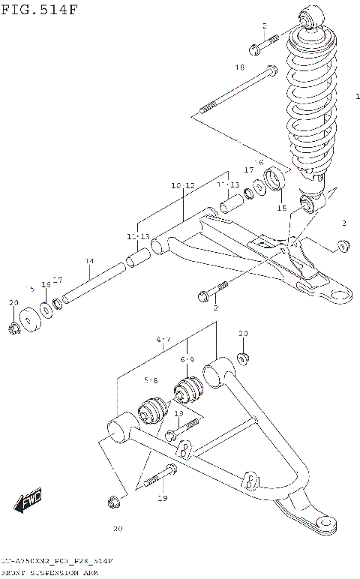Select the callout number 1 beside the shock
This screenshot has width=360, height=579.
(358, 95)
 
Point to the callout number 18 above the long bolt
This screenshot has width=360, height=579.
(239, 67)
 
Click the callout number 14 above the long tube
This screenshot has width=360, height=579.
(88, 261)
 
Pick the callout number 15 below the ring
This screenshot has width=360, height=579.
(282, 208)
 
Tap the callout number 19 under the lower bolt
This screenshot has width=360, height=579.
(163, 498)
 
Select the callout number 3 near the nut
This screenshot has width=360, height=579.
(343, 223)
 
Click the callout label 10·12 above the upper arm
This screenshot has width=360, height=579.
(182, 185)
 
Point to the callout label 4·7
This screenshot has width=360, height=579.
(164, 339)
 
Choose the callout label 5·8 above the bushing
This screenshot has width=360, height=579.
(151, 381)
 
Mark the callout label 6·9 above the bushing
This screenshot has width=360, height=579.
(187, 360)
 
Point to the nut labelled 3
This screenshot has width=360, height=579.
(344, 244)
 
